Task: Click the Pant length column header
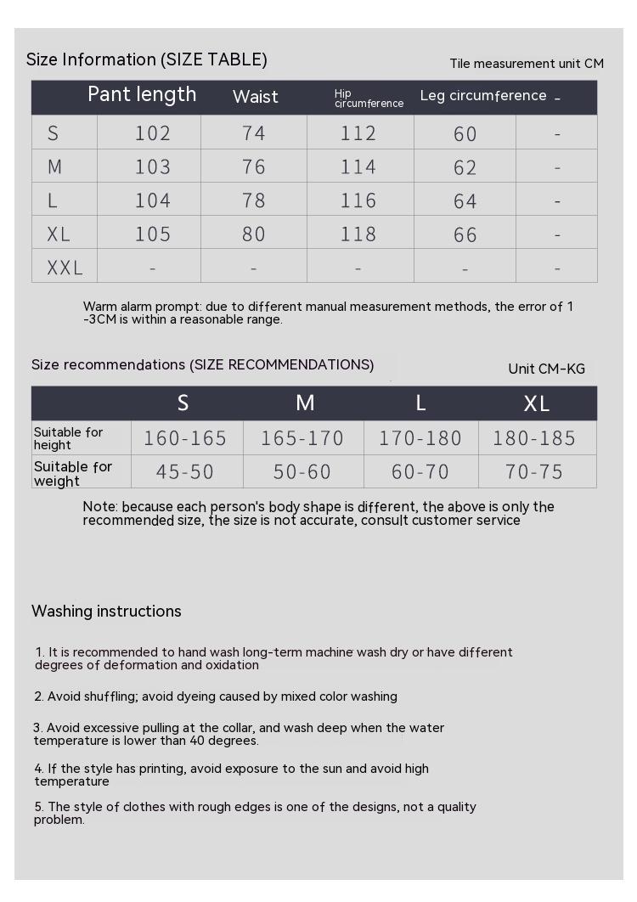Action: [x=142, y=94]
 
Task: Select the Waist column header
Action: [x=255, y=97]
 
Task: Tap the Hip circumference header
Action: [x=369, y=99]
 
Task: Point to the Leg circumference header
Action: [x=483, y=96]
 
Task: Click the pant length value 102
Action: [x=153, y=133]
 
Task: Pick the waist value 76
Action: [x=254, y=166]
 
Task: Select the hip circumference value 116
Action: [x=358, y=200]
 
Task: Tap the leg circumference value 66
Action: [x=465, y=235]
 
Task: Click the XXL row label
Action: [x=65, y=268]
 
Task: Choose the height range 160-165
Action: [x=185, y=438]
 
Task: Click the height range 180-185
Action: [x=534, y=438]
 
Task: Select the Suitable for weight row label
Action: [x=73, y=474]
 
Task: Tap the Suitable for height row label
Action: [x=68, y=438]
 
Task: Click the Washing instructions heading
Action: [x=106, y=612]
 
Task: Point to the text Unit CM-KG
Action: [x=546, y=369]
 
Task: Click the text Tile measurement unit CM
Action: [x=527, y=64]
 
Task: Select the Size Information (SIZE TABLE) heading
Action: [x=147, y=59]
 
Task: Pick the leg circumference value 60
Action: [x=465, y=134]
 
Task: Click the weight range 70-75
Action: [x=534, y=472]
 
